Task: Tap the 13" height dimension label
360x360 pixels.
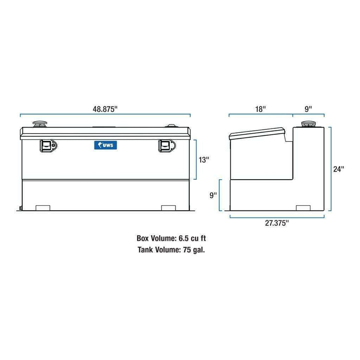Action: click(204, 160)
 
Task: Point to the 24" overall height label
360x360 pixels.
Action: click(339, 169)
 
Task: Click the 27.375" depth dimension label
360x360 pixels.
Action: click(277, 223)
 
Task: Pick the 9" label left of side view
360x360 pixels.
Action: click(213, 195)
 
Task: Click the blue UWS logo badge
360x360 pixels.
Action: click(105, 145)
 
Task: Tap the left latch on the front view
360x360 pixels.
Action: click(48, 145)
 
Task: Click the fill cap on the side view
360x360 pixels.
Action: click(308, 124)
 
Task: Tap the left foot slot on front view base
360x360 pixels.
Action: click(43, 207)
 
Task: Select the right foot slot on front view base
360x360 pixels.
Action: click(168, 207)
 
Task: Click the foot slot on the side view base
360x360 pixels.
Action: click(303, 207)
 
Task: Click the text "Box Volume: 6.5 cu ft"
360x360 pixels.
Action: click(171, 238)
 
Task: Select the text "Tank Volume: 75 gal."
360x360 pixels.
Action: click(171, 250)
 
